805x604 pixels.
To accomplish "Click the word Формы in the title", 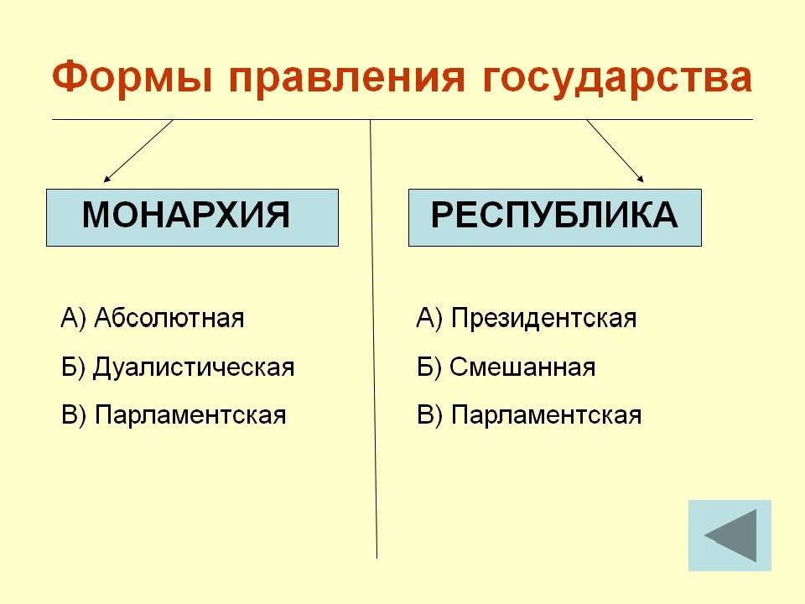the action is click(132, 79).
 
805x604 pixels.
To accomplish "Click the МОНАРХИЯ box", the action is click(193, 218).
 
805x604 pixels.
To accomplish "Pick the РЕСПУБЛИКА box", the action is click(555, 218).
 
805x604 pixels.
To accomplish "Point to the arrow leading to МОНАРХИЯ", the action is click(138, 151).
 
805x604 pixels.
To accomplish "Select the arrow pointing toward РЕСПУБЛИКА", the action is click(615, 151).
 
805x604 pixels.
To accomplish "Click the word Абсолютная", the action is click(169, 318).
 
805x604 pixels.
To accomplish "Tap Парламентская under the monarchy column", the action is click(190, 415).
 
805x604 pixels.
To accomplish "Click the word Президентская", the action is click(543, 319).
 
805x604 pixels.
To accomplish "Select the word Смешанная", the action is click(522, 367).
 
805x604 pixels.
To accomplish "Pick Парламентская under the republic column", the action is click(546, 415).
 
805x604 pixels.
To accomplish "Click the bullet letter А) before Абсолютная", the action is click(73, 319).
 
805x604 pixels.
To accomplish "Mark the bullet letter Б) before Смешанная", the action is click(429, 367).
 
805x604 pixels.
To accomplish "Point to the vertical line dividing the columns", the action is click(373, 339).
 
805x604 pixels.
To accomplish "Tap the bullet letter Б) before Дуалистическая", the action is click(73, 367).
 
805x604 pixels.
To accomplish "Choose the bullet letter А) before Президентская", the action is click(429, 319).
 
